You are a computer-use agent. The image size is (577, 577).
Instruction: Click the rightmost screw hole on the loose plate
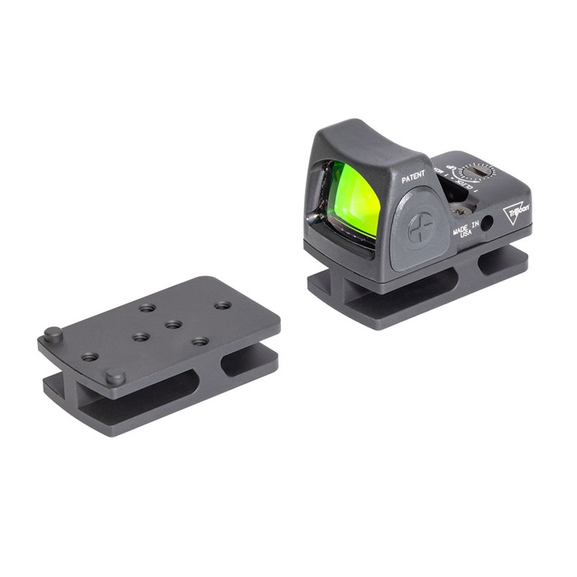point(222,305)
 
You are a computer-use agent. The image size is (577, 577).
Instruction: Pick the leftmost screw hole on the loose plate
point(90,357)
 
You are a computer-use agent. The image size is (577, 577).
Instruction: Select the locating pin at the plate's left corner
point(53,334)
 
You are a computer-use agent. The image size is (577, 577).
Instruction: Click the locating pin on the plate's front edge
point(115,377)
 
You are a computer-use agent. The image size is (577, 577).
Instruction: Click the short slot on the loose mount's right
point(247,361)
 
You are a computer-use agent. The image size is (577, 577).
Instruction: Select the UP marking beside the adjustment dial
point(452,171)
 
